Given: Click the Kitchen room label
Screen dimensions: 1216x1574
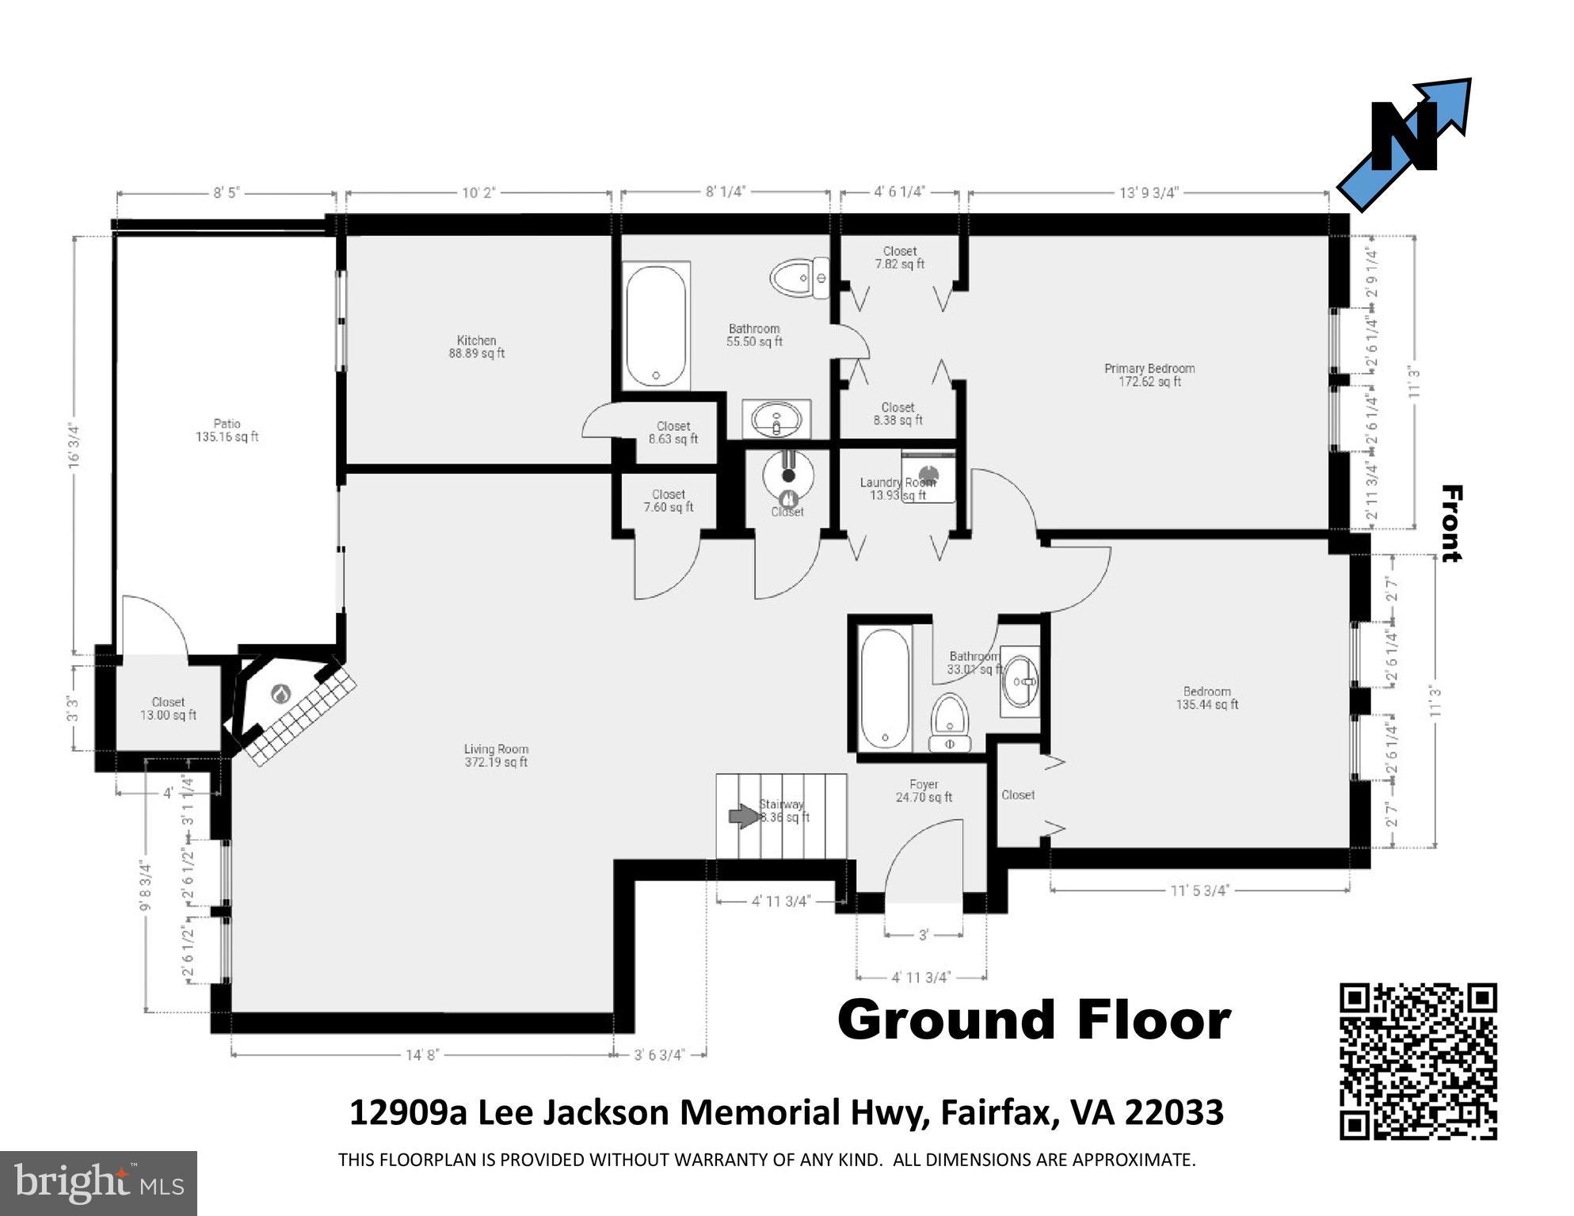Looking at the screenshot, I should pyautogui.click(x=476, y=347).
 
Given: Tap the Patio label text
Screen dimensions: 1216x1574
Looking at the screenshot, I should pyautogui.click(x=227, y=430).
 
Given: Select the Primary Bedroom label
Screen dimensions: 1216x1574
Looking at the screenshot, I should pyautogui.click(x=1149, y=375).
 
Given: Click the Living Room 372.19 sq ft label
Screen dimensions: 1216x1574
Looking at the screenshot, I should pyautogui.click(x=496, y=756).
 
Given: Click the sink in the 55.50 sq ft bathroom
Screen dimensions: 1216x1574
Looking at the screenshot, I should pyautogui.click(x=776, y=419).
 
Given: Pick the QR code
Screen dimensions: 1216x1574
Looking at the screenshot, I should pyautogui.click(x=1418, y=1061).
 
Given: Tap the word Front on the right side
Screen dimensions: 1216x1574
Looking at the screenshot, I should pyautogui.click(x=1450, y=523).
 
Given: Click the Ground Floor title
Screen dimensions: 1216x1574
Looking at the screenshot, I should pyautogui.click(x=1034, y=1020).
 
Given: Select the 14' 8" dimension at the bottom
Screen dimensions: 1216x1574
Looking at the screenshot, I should pyautogui.click(x=422, y=1054).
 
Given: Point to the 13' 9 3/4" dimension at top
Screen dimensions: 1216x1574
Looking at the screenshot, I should pyautogui.click(x=1149, y=193).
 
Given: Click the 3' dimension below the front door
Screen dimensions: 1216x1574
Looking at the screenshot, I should pyautogui.click(x=923, y=936).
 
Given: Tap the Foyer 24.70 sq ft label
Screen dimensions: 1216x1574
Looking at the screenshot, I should pyautogui.click(x=924, y=791).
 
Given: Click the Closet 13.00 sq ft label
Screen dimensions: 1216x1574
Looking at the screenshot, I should pyautogui.click(x=168, y=708).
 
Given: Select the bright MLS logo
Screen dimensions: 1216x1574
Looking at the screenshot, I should pyautogui.click(x=98, y=1183).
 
